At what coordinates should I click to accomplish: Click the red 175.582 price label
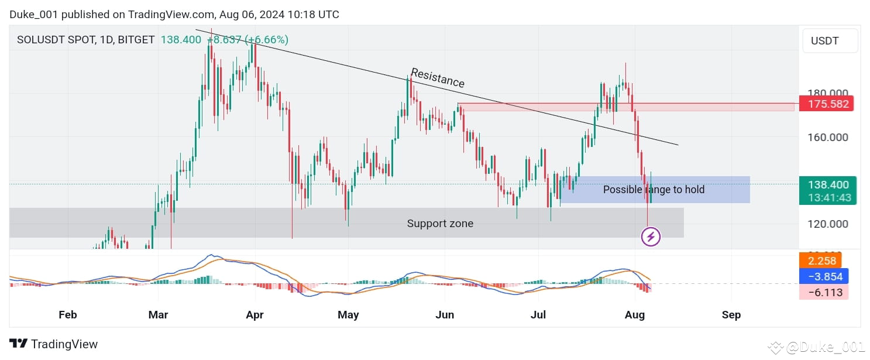827,104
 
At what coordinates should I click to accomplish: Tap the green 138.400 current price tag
827,184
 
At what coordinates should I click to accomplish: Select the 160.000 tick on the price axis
827,138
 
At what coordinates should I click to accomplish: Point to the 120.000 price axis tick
827,224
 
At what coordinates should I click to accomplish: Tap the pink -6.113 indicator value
823,292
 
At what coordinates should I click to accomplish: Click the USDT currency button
830,41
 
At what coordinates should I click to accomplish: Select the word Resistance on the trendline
438,78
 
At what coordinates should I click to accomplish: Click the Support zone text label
440,224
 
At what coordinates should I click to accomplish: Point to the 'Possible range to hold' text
654,190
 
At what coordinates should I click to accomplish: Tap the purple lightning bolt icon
651,237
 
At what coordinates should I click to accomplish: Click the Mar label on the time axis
158,315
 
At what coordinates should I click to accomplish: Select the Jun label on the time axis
445,315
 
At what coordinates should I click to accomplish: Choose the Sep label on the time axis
731,315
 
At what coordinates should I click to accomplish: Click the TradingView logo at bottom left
54,344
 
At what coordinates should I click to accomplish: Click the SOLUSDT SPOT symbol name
55,40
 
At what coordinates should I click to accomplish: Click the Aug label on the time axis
635,315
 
